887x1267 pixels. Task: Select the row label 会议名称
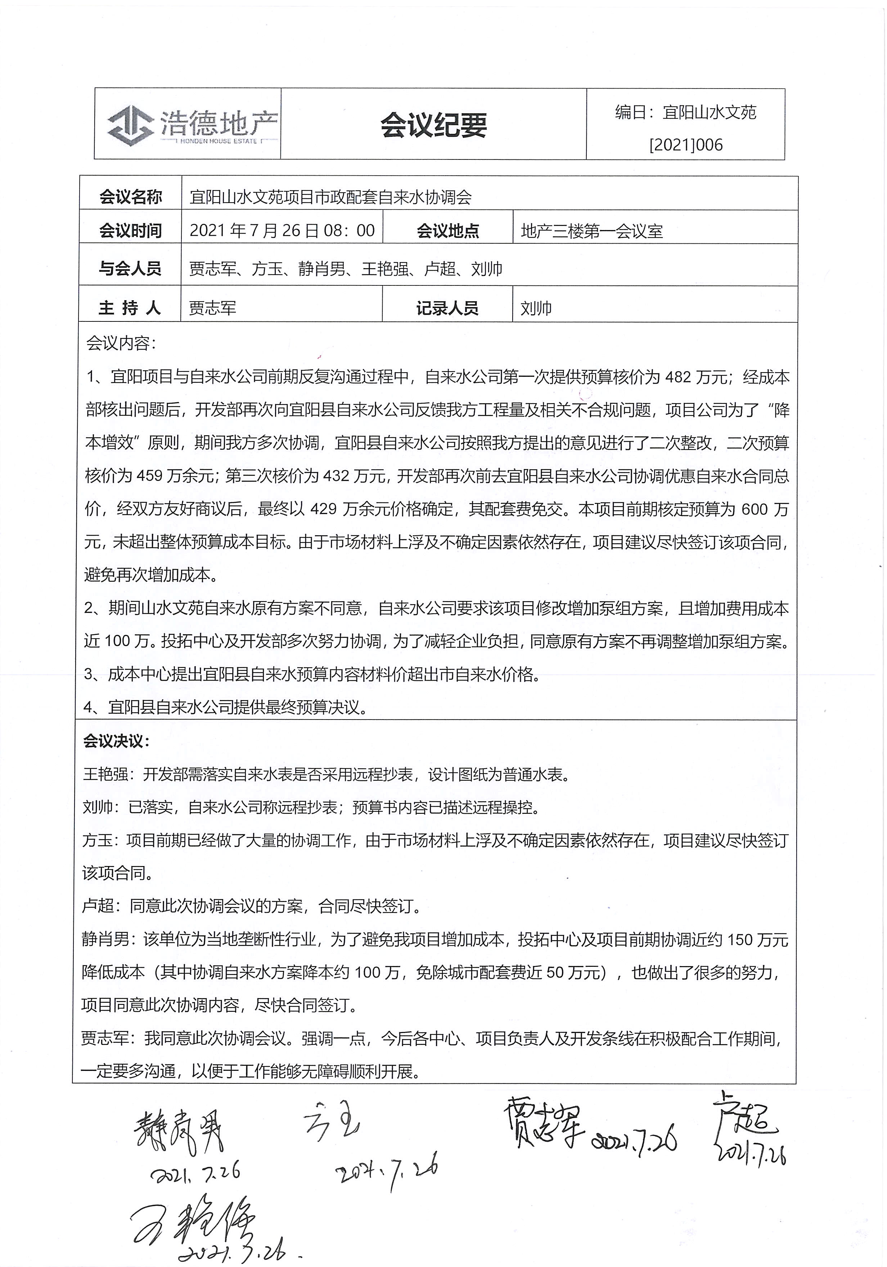click(130, 197)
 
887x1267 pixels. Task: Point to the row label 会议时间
click(130, 231)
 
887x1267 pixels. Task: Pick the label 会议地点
click(447, 231)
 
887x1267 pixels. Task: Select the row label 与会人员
click(130, 269)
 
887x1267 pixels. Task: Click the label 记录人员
click(447, 308)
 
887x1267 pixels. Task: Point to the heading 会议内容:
click(121, 343)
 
